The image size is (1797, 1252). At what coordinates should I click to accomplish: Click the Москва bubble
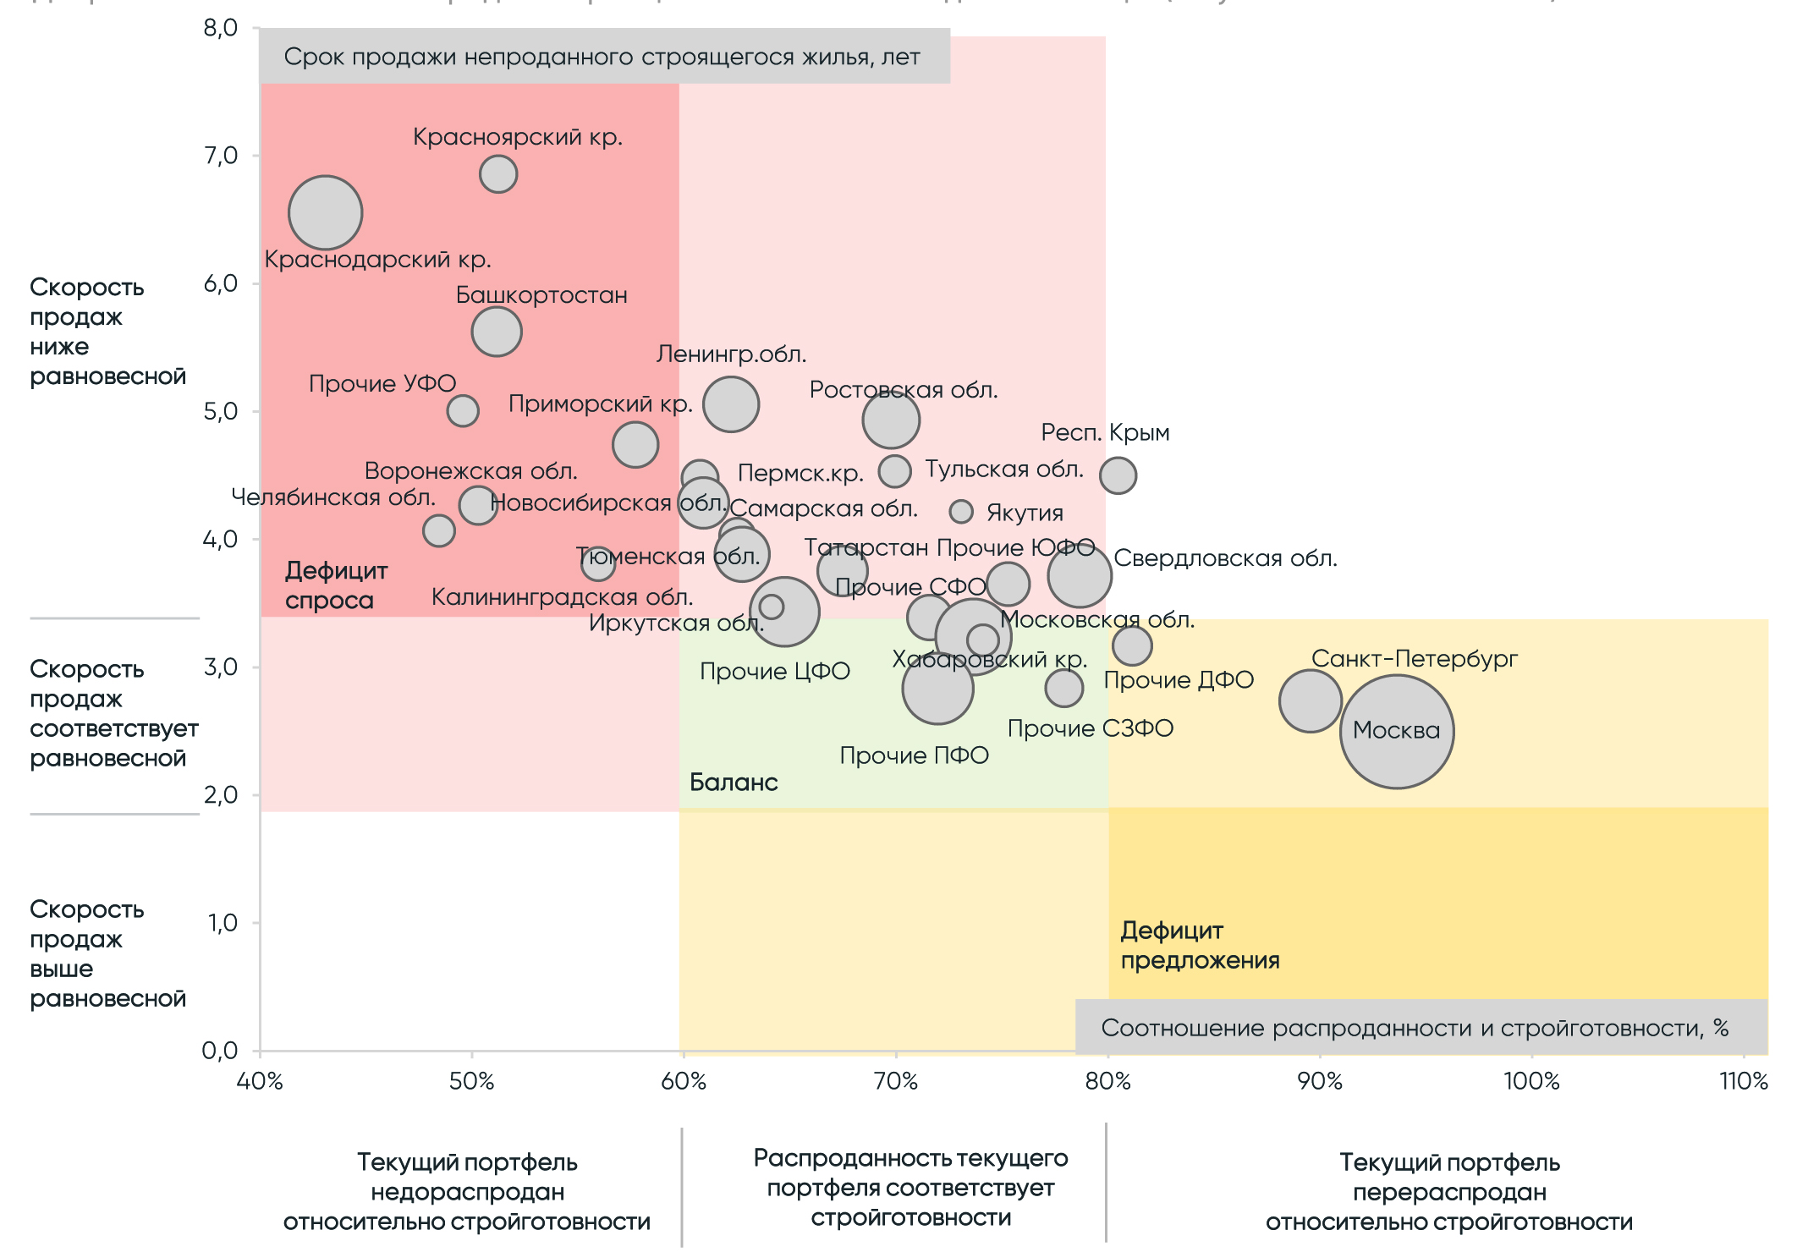click(x=1396, y=731)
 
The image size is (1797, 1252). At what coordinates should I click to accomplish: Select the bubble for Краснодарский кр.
click(x=326, y=212)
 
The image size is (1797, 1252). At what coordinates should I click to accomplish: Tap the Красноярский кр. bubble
click(x=498, y=174)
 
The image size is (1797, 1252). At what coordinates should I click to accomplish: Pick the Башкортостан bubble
click(x=497, y=331)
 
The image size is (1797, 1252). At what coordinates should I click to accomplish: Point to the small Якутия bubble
click(x=961, y=511)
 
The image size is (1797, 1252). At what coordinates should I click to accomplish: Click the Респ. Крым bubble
click(x=1118, y=475)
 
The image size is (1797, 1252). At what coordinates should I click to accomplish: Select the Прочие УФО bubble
click(x=463, y=411)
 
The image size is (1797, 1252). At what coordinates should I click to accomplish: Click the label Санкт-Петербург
click(x=1414, y=658)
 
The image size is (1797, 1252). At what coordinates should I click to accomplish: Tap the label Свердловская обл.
click(x=1225, y=558)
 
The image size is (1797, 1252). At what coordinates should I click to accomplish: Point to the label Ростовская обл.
click(x=904, y=390)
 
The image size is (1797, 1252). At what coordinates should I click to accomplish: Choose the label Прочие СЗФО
click(x=1090, y=728)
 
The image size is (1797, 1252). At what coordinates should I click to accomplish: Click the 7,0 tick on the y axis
click(x=221, y=155)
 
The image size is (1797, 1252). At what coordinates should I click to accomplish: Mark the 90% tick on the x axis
click(x=1320, y=1081)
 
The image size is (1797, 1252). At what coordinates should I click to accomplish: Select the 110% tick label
click(x=1744, y=1081)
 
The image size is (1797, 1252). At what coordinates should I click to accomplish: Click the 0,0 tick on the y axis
click(x=220, y=1051)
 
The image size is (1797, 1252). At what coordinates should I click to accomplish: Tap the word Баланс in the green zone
click(x=734, y=782)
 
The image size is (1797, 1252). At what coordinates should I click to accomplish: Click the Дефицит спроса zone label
click(x=336, y=585)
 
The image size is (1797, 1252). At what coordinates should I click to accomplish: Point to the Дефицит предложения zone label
click(x=1199, y=945)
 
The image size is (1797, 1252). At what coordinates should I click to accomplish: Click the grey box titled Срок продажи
click(x=604, y=57)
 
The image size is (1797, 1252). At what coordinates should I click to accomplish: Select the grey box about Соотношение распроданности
click(x=1421, y=1027)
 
